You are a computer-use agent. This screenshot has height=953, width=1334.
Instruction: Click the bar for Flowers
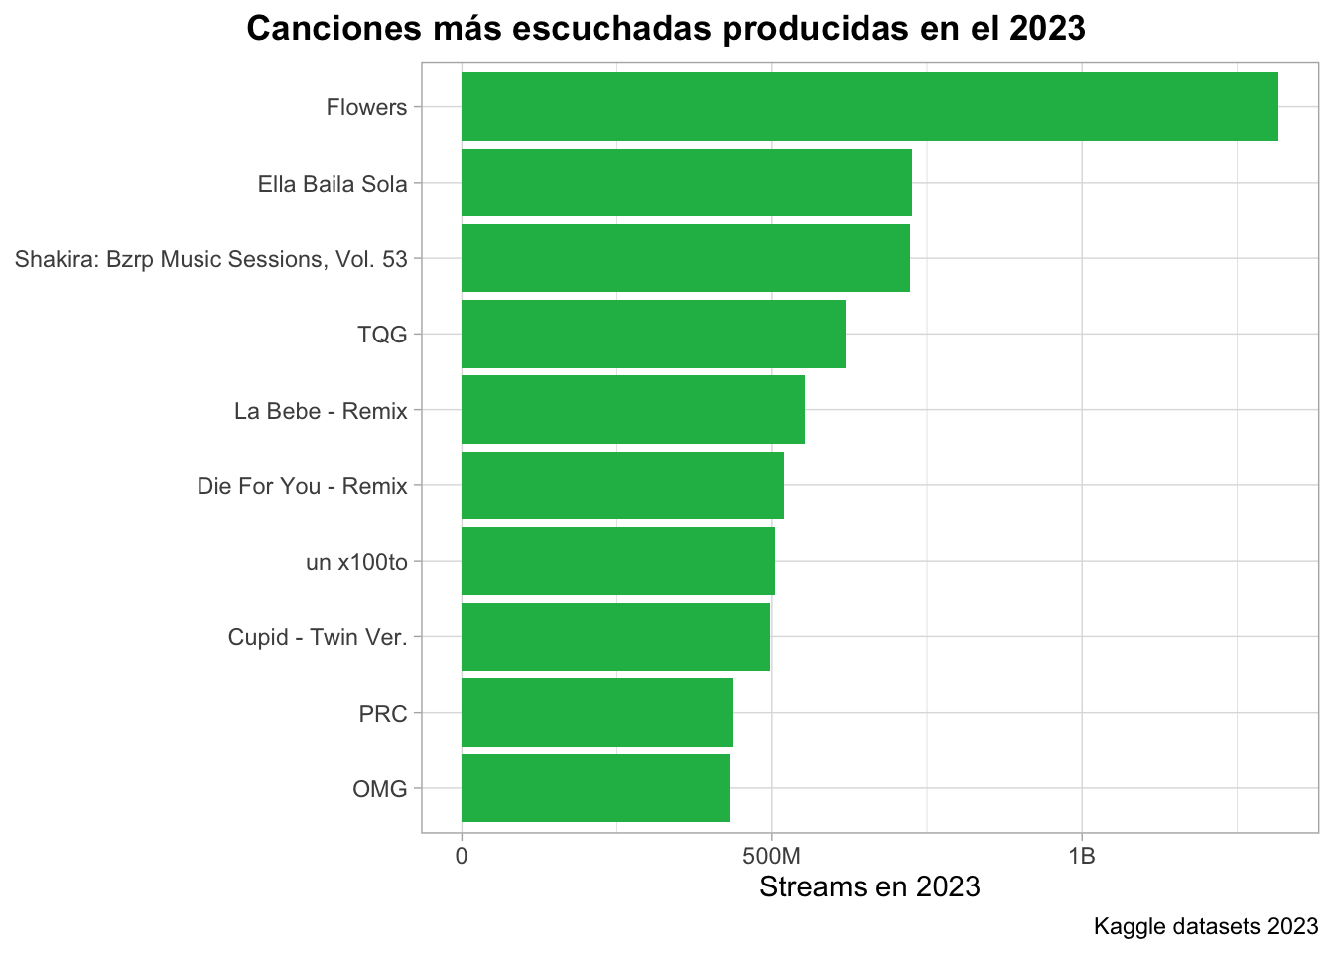pos(869,106)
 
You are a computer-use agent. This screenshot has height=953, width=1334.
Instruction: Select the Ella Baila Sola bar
pos(687,183)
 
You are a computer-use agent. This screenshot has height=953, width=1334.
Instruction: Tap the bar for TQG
pos(653,334)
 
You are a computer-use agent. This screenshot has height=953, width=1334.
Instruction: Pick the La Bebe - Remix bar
pos(633,409)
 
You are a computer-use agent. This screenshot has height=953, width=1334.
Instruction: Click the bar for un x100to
pos(618,561)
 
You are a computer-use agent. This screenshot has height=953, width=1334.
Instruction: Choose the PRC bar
pos(597,713)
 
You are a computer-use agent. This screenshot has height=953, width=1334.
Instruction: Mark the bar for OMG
pos(596,788)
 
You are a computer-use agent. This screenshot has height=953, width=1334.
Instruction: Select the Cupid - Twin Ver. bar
pos(615,636)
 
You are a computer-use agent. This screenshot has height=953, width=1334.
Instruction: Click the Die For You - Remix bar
pos(622,485)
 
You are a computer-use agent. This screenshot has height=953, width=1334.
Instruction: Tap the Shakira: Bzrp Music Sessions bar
pos(686,258)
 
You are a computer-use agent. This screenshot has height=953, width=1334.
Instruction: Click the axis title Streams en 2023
pos(869,886)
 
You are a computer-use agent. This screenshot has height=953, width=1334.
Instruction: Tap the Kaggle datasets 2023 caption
pos(1205,927)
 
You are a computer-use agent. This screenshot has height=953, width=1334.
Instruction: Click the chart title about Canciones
pos(666,29)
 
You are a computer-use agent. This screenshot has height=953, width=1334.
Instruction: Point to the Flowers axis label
pos(366,107)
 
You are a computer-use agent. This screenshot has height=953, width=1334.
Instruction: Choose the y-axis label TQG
pos(382,335)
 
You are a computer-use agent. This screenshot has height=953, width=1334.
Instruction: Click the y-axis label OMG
pos(380,789)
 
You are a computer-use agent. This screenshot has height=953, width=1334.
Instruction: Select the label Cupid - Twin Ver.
pos(318,637)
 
